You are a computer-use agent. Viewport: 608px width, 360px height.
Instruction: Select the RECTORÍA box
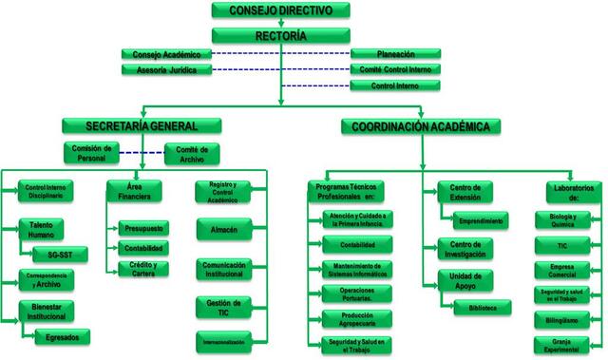[x=281, y=36]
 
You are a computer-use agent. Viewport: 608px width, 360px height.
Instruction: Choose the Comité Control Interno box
[x=395, y=69]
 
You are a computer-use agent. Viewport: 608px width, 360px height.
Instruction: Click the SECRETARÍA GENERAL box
[x=142, y=125]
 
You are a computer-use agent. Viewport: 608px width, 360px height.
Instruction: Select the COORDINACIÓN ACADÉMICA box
[x=422, y=125]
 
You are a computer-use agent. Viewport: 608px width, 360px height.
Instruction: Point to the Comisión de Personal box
[x=92, y=153]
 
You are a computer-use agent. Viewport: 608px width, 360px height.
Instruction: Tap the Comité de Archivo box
[x=193, y=153]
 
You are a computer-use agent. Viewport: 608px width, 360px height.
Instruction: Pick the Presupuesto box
[x=143, y=229]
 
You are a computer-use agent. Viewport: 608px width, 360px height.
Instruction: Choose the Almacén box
[x=223, y=230]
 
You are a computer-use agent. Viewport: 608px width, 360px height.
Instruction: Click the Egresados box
[x=62, y=336]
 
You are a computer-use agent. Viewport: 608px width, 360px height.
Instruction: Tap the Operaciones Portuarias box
[x=346, y=294]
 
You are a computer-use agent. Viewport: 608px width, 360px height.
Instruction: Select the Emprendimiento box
[x=481, y=220]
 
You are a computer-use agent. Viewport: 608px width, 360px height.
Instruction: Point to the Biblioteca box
[x=481, y=307]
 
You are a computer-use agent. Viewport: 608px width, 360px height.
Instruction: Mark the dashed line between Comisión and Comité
[x=142, y=153]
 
